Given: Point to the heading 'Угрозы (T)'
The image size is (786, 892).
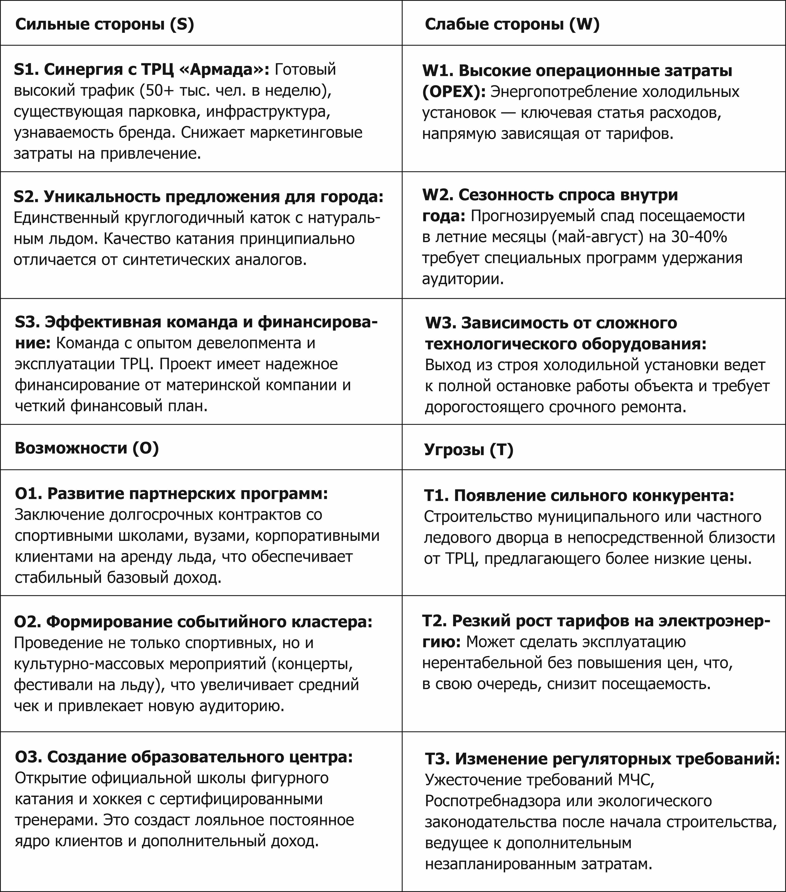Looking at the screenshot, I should (x=469, y=450).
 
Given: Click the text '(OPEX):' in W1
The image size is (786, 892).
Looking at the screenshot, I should (x=454, y=92).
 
